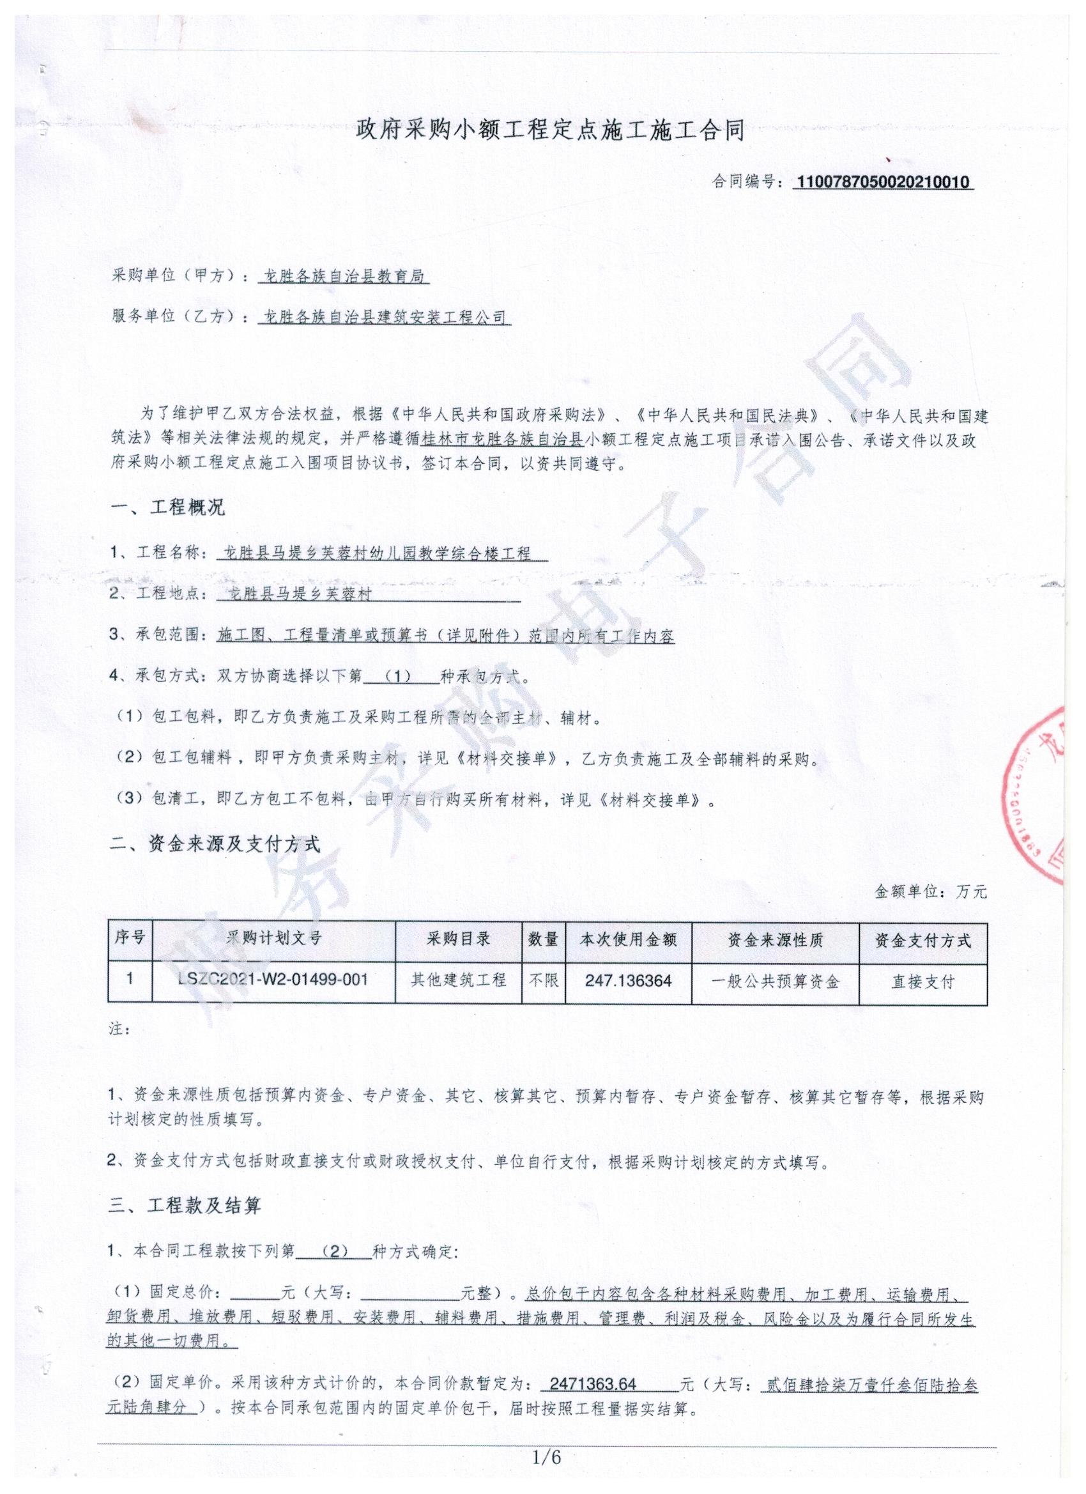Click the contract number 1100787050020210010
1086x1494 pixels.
884,182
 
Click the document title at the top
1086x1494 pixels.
550,130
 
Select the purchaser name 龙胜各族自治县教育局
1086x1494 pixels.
344,277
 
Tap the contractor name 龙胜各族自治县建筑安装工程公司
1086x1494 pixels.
385,318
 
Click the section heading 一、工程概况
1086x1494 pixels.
168,507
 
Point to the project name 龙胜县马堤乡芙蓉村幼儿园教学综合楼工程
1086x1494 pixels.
378,553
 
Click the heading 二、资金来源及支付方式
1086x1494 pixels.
215,844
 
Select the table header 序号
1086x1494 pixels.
130,938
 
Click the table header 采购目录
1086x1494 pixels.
459,939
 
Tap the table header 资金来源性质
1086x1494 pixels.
775,940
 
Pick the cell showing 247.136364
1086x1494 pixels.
629,981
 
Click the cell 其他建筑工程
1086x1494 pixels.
459,980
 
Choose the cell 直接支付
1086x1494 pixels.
922,982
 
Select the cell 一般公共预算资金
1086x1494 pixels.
775,982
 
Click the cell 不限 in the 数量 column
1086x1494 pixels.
544,980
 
